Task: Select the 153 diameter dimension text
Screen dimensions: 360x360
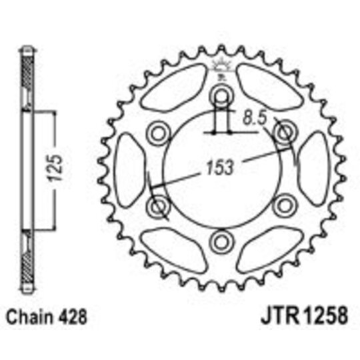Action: coord(221,168)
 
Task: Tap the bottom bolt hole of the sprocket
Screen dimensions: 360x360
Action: coord(219,240)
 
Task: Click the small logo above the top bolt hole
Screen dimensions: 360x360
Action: coord(219,67)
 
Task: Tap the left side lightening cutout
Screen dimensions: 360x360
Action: coord(126,169)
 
